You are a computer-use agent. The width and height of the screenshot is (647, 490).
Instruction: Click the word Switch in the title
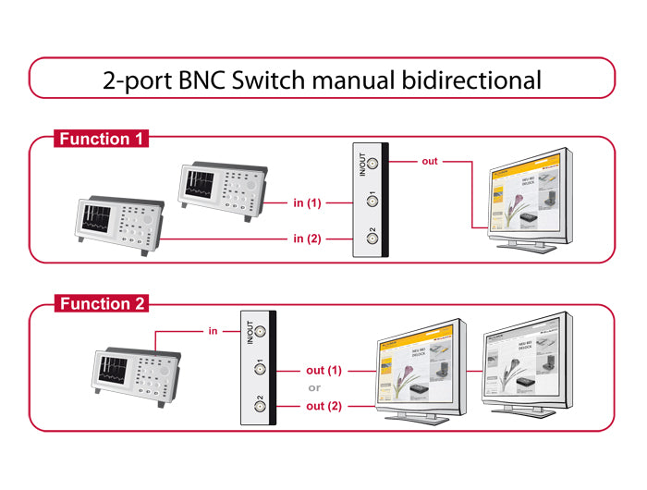click(269, 80)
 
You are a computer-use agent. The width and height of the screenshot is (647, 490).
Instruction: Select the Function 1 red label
click(101, 140)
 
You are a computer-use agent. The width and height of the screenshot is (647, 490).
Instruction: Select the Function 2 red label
click(101, 304)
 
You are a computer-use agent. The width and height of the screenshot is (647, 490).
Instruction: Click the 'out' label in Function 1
click(430, 162)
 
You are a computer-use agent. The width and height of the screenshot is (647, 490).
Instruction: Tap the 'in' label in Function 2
click(213, 330)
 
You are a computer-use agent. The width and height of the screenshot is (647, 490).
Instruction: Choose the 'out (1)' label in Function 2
click(323, 370)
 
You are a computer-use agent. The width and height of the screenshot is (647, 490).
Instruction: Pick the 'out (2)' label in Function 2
click(323, 406)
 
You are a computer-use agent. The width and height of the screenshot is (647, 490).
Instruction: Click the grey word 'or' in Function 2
click(314, 387)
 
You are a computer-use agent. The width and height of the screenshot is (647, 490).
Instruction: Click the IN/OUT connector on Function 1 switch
click(372, 165)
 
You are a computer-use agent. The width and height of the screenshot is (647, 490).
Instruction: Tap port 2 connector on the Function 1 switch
click(372, 238)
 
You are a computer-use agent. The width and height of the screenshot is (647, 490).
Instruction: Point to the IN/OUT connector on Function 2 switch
click(260, 331)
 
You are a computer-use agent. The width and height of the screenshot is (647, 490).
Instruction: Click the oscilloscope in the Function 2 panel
click(137, 374)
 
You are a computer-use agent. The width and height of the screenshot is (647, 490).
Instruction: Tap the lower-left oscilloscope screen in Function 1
click(97, 217)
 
